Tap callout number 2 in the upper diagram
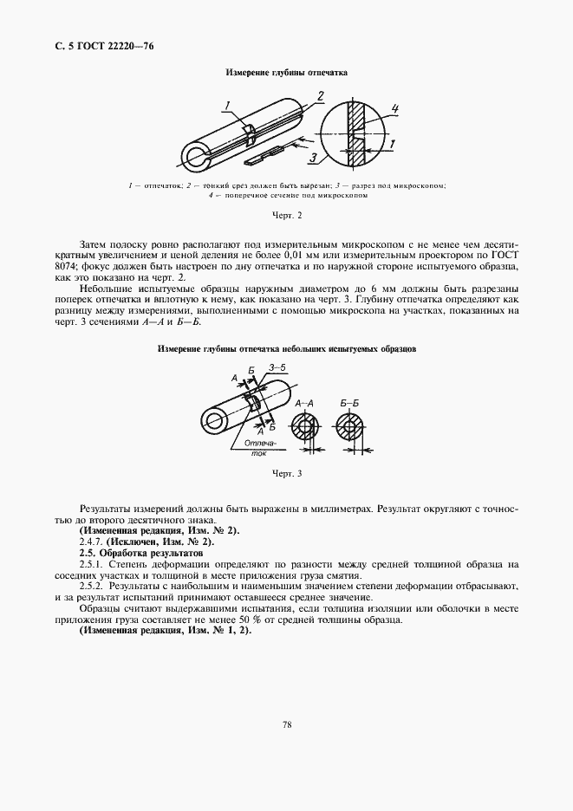[320, 94]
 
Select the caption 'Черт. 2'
[286, 213]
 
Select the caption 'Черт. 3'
[286, 474]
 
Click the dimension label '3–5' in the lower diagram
[277, 368]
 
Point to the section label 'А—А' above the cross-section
[304, 404]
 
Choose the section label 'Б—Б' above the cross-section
[350, 404]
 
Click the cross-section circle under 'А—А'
[304, 429]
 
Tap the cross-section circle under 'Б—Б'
[350, 429]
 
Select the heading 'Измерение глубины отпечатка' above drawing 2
[286, 73]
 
